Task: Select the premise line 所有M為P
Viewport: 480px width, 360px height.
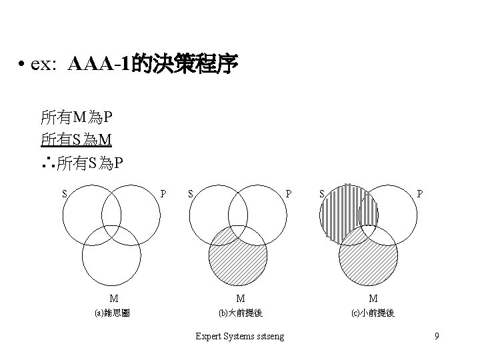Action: (x=76, y=119)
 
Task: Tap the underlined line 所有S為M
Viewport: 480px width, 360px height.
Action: (x=76, y=139)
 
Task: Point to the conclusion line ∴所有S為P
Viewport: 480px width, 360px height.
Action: (x=81, y=161)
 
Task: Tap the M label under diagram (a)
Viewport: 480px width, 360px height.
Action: (x=114, y=298)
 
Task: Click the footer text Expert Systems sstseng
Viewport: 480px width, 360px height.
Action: (x=239, y=336)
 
